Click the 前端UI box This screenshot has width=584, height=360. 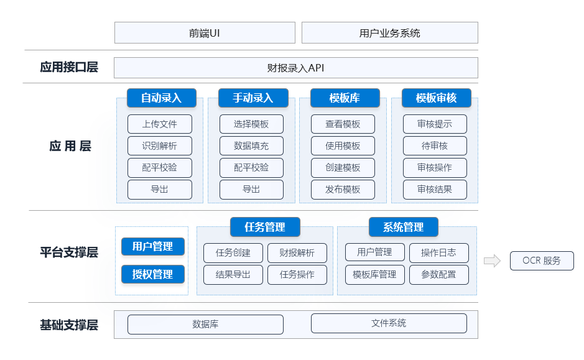[x=205, y=33]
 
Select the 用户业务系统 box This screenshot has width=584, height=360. [x=389, y=33]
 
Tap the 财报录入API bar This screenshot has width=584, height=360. [x=295, y=68]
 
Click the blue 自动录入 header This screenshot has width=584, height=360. [x=161, y=98]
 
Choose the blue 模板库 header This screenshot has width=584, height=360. [x=345, y=98]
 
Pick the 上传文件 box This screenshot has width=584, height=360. [x=160, y=124]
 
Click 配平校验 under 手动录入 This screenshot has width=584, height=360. [x=251, y=167]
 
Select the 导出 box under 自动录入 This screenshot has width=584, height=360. [x=160, y=189]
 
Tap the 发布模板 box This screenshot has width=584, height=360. [x=343, y=189]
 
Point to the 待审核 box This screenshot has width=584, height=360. [x=435, y=145]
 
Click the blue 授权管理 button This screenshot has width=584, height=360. [x=153, y=274]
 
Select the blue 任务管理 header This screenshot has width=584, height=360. [x=266, y=227]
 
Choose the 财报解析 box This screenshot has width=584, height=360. [x=297, y=252]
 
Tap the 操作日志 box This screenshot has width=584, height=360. [x=438, y=252]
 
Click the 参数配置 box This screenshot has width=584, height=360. [x=438, y=274]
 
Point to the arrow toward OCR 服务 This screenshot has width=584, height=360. [x=492, y=261]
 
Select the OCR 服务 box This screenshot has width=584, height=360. [x=542, y=261]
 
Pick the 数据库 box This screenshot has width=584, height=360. [x=205, y=324]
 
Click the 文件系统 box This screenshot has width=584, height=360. [x=389, y=323]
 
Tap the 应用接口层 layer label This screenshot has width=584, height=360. [x=68, y=67]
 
